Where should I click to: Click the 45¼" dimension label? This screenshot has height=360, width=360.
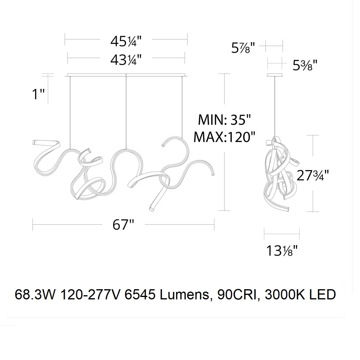point(126,41)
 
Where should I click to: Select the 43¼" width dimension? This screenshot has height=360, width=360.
point(126,60)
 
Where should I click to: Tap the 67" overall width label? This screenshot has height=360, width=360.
point(123,225)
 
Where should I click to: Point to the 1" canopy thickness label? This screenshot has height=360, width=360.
point(38,94)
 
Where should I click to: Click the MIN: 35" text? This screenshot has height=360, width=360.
point(224,120)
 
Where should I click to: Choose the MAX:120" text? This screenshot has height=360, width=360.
point(224,137)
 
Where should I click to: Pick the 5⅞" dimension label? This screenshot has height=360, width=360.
point(243,48)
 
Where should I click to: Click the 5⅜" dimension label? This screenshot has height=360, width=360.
point(305,65)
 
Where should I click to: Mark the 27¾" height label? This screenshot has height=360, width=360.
point(313,175)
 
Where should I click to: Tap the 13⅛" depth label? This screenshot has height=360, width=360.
point(282,250)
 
